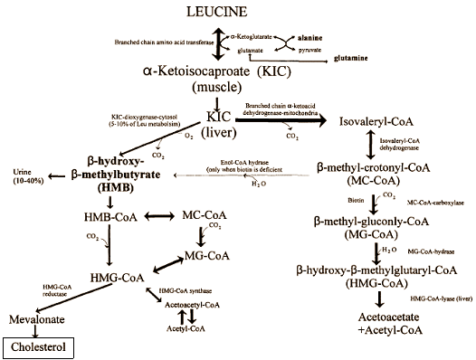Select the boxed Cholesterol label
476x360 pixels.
(x=36, y=346)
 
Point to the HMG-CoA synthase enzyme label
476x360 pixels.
(x=188, y=290)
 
